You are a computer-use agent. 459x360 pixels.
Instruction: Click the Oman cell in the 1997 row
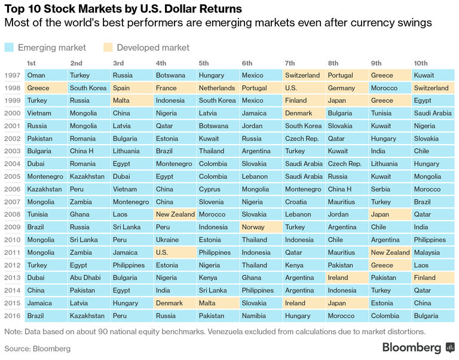tap(36, 75)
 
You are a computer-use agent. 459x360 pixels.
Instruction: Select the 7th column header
tap(290, 63)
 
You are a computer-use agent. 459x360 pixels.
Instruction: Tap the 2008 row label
tap(12, 214)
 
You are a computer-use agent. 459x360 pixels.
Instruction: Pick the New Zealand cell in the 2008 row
tap(175, 214)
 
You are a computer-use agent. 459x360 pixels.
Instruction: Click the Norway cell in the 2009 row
tap(253, 227)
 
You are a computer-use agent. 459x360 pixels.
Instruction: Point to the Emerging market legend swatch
tap(9, 47)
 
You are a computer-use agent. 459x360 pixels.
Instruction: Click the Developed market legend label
tap(153, 47)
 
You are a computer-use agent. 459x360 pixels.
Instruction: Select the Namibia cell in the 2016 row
tap(254, 315)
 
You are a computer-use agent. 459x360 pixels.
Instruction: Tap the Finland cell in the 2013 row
tap(424, 277)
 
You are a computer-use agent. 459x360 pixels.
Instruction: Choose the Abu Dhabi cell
tap(85, 277)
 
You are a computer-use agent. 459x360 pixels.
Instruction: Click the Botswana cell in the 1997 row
tap(170, 75)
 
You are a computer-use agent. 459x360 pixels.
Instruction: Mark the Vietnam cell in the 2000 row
tap(39, 113)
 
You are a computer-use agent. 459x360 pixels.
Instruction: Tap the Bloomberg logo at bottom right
tap(418, 347)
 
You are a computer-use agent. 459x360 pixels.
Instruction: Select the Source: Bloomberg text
tap(37, 348)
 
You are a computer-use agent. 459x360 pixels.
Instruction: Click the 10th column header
tap(421, 63)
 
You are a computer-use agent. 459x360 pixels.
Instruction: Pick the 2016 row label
tap(12, 315)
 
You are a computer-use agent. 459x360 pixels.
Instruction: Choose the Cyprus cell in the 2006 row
tap(210, 189)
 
